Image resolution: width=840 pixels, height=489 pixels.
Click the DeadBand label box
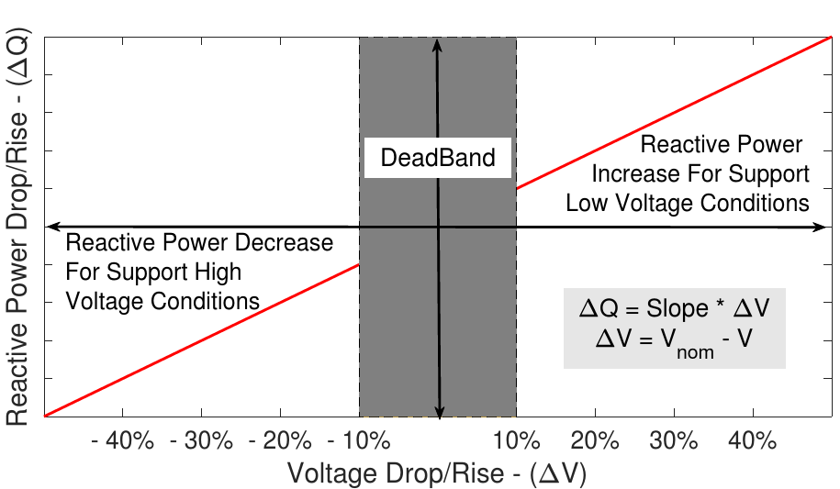(438, 158)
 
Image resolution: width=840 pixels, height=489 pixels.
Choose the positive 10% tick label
(516, 441)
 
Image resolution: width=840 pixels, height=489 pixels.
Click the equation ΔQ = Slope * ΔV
(674, 309)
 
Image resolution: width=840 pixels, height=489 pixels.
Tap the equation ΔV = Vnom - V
(674, 341)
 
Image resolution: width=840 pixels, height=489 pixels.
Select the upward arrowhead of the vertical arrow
(439, 44)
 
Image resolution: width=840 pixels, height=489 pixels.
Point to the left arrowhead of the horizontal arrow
(52, 226)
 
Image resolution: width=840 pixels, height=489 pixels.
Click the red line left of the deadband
(202, 340)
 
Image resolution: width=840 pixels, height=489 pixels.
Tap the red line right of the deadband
(674, 113)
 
